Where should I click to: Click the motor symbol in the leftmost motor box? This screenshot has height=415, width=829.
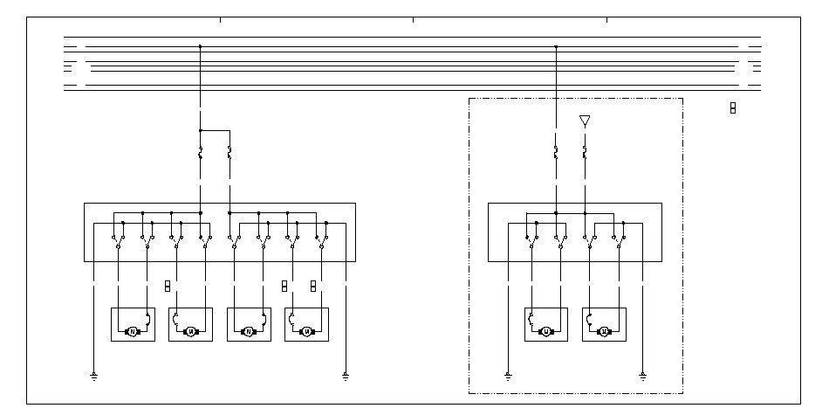click(x=133, y=331)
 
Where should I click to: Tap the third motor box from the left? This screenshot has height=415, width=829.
click(x=248, y=324)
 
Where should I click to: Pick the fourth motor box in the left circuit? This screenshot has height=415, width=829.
click(x=306, y=324)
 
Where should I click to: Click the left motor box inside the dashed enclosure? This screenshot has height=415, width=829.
click(x=545, y=324)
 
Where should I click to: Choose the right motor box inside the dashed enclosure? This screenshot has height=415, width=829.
click(x=604, y=324)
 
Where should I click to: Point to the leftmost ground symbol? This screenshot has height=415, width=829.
click(x=92, y=377)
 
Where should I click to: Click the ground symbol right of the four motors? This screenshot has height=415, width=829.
click(x=346, y=377)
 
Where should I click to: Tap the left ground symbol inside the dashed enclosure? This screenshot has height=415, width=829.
click(x=508, y=377)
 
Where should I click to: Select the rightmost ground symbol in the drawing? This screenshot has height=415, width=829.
click(x=642, y=377)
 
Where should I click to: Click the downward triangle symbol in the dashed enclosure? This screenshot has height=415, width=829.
click(x=585, y=121)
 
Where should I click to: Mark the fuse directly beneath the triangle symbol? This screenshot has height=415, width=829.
click(x=585, y=153)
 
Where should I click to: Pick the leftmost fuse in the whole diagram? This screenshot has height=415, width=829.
click(x=201, y=153)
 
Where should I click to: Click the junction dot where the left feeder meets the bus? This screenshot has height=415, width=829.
click(x=201, y=46)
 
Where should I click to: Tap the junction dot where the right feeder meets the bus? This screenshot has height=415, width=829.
click(x=556, y=46)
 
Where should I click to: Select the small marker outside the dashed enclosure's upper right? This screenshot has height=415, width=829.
click(x=733, y=107)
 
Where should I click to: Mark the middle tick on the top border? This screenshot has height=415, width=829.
click(x=413, y=18)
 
